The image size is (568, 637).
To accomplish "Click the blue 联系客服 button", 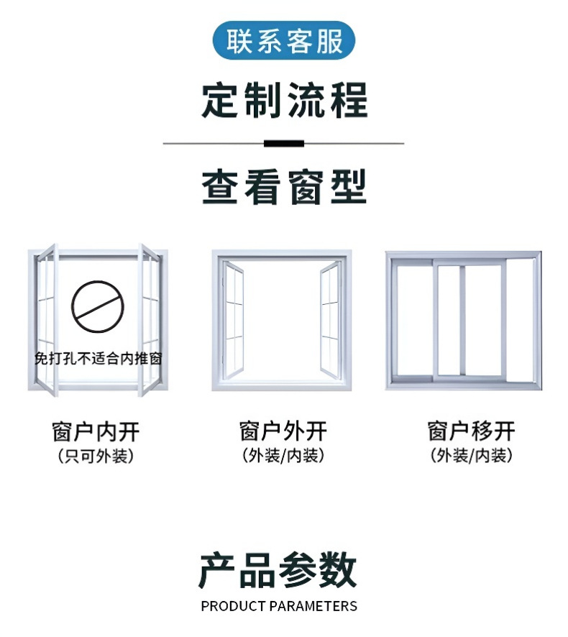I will (x=284, y=41).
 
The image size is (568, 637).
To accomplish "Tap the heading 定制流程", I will (x=284, y=100).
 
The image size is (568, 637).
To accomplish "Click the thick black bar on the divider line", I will (x=284, y=144).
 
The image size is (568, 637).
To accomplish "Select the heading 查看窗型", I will (x=284, y=187).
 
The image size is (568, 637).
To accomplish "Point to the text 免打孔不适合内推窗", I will (x=98, y=358).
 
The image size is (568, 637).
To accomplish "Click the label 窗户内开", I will (x=96, y=431).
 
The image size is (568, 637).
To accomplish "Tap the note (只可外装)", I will (x=96, y=456).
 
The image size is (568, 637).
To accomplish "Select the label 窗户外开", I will (x=283, y=431).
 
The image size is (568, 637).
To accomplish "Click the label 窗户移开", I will (x=471, y=431).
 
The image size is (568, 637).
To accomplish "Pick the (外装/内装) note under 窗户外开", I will (x=283, y=456).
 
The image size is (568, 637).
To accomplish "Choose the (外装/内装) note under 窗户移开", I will (x=471, y=456).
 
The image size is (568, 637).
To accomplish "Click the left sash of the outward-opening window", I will (x=234, y=321).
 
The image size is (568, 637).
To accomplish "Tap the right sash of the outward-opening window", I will (x=330, y=321).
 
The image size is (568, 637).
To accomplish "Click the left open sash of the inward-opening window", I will (x=46, y=320).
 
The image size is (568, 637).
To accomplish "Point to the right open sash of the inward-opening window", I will (x=150, y=320).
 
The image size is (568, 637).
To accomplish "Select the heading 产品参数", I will (x=278, y=571).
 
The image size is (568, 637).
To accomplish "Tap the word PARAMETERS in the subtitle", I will (x=313, y=606).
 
